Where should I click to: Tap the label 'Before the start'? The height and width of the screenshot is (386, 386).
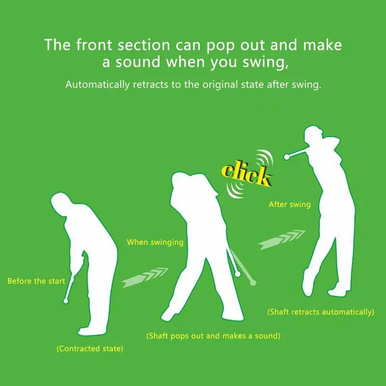pyautogui.click(x=36, y=281)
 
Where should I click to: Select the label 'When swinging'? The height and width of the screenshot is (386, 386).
pyautogui.click(x=155, y=242)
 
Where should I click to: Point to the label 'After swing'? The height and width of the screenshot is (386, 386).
pyautogui.click(x=289, y=205)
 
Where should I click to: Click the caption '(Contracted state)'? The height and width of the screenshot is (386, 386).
pyautogui.click(x=90, y=348)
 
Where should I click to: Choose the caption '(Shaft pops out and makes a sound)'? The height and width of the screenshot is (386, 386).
pyautogui.click(x=213, y=335)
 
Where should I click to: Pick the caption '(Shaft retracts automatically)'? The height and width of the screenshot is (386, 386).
pyautogui.click(x=321, y=312)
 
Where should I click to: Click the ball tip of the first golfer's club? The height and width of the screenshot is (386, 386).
pyautogui.click(x=66, y=301)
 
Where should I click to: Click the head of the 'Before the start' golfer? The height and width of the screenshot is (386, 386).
pyautogui.click(x=60, y=201)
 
